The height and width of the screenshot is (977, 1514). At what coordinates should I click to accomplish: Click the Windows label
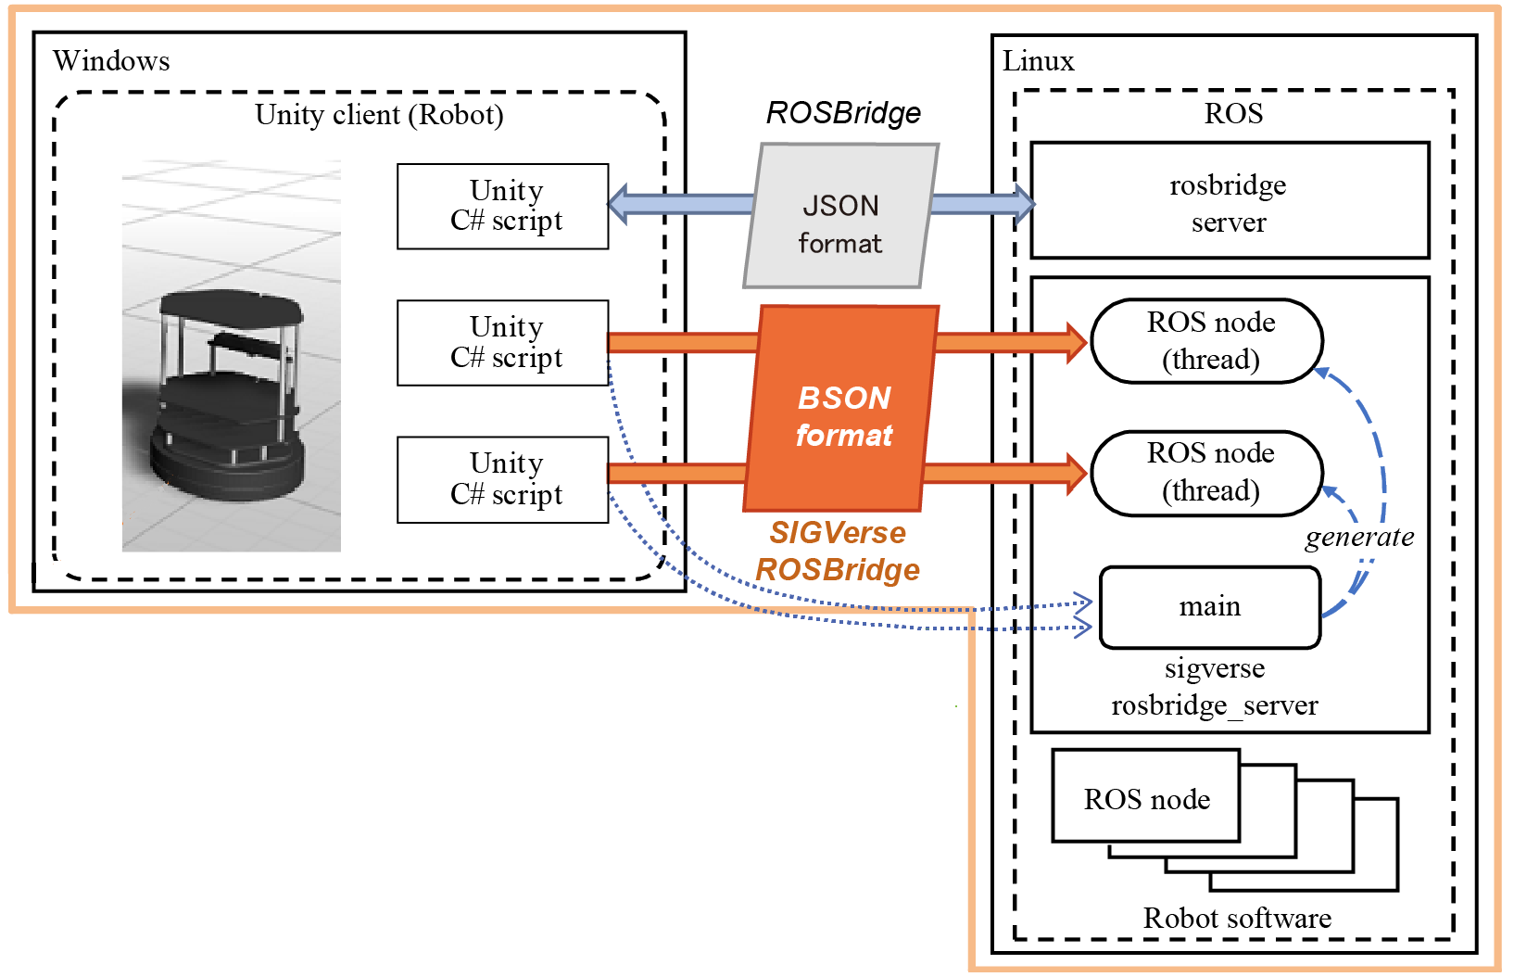click(111, 61)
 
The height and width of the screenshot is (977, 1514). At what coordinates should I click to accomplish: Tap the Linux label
click(1038, 61)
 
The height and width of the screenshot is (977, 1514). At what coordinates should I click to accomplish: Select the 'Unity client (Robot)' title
click(379, 115)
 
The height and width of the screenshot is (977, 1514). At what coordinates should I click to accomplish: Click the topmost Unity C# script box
click(503, 206)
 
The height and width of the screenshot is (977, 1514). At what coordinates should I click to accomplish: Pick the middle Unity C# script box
click(503, 342)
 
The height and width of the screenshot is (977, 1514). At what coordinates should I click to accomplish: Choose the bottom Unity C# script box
click(503, 479)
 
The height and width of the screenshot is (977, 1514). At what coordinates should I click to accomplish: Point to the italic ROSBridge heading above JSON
click(843, 113)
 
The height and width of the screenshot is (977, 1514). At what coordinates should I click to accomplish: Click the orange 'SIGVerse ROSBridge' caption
click(838, 551)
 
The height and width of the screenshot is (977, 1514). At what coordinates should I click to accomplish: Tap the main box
click(1209, 607)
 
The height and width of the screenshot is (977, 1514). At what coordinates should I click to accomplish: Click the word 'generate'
click(1359, 537)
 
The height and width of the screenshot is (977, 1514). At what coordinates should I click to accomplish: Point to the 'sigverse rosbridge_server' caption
click(1214, 687)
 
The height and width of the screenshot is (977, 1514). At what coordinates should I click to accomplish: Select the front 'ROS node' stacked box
click(1146, 798)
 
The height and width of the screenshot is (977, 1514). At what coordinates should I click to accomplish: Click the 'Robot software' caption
click(1237, 918)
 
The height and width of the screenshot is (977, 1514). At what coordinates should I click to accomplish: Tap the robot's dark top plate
click(231, 306)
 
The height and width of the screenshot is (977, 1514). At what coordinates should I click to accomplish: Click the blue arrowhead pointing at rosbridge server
click(1024, 204)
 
